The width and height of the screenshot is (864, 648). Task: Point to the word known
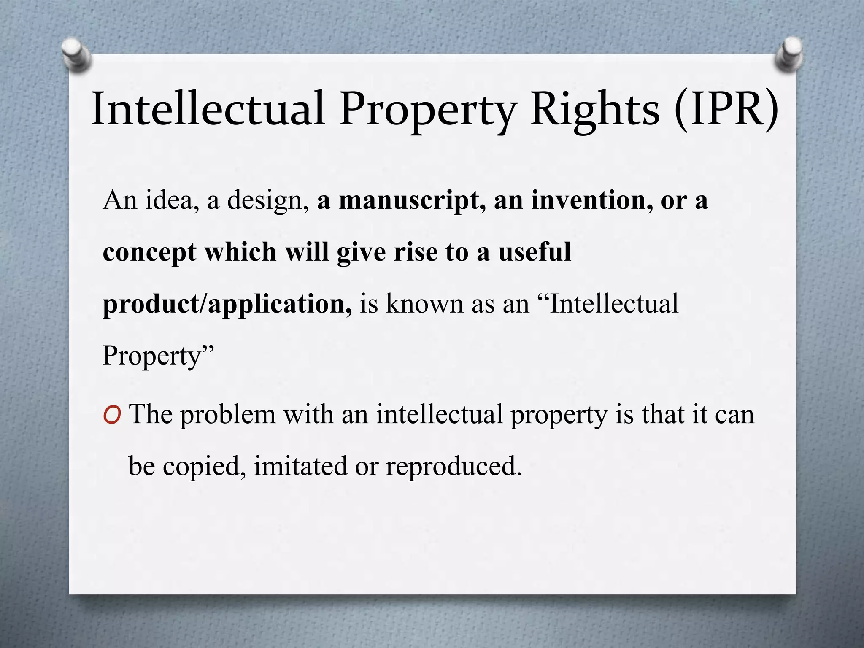point(424,304)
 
